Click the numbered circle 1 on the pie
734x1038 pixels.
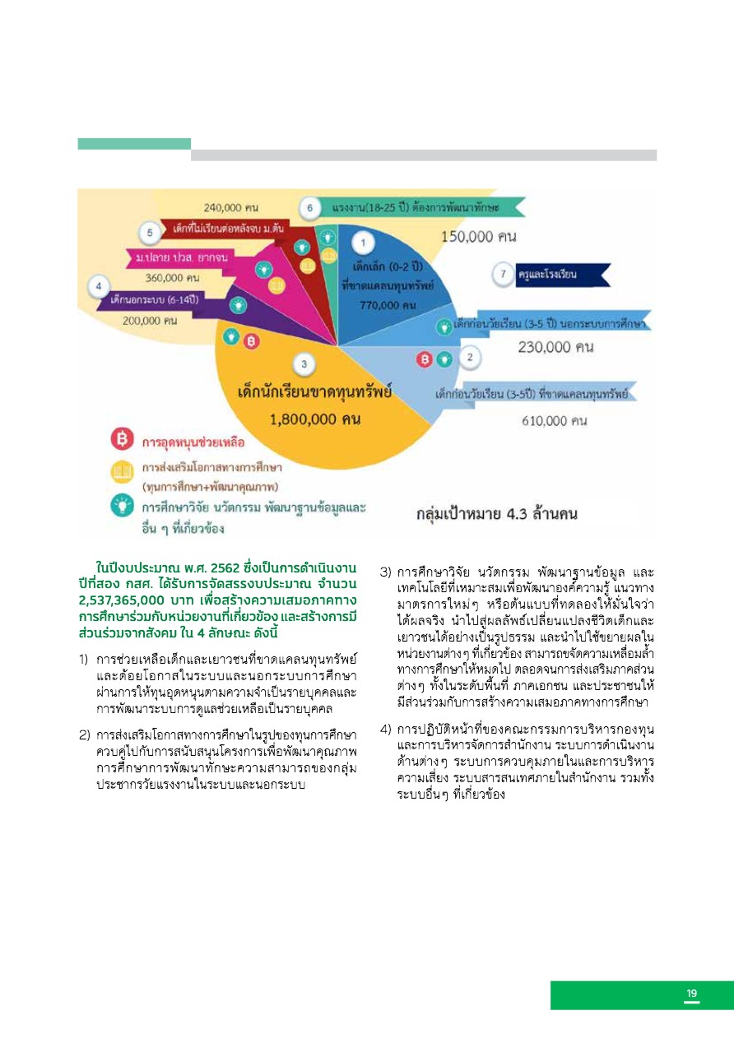[365, 243]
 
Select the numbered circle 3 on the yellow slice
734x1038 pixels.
[304, 364]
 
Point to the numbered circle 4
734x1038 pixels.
[99, 286]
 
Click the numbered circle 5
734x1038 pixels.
[150, 233]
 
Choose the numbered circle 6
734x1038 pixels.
[308, 209]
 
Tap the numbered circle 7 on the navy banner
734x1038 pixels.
[503, 274]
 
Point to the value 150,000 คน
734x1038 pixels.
[479, 237]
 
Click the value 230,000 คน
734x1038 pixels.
[555, 347]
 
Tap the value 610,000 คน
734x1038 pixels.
[554, 421]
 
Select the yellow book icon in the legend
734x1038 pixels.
[122, 472]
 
